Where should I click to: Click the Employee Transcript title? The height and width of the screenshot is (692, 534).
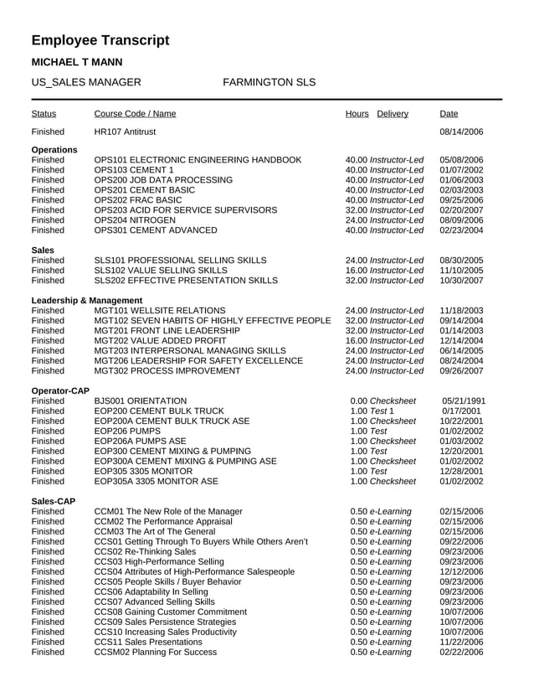click(100, 40)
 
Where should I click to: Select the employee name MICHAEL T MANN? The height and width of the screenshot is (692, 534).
click(76, 63)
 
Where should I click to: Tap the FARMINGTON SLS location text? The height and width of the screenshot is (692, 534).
click(270, 83)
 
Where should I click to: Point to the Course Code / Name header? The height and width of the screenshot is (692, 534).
click(135, 114)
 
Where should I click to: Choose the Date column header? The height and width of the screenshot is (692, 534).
click(448, 114)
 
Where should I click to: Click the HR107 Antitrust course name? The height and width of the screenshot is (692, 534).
click(125, 132)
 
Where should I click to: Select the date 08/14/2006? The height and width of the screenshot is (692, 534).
click(462, 132)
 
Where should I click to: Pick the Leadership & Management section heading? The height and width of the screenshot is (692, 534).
click(87, 300)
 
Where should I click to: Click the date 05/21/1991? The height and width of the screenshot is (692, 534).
click(464, 400)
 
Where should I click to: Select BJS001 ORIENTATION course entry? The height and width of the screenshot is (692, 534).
click(141, 400)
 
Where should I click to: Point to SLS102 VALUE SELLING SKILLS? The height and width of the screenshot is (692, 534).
click(161, 270)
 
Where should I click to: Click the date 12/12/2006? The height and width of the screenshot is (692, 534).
click(462, 571)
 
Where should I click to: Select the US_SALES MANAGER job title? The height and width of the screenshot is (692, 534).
click(85, 83)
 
